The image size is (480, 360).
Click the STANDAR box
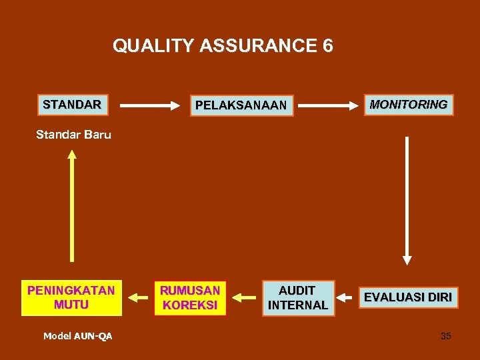click(x=72, y=105)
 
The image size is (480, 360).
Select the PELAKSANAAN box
click(x=241, y=105)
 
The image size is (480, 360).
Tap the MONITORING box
click(x=409, y=105)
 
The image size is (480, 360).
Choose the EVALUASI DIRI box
click(x=407, y=297)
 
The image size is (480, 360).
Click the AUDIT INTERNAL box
click(x=297, y=297)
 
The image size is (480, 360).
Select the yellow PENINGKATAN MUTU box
click(x=71, y=297)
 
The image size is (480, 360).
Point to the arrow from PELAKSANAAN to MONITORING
click(x=326, y=105)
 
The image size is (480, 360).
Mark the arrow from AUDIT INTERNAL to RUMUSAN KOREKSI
click(x=243, y=297)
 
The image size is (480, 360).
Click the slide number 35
click(x=445, y=336)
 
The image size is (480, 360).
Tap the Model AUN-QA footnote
click(x=78, y=336)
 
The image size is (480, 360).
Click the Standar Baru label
click(x=73, y=135)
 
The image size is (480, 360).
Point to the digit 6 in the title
click(x=327, y=46)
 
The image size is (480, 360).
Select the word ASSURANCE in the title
click(x=253, y=46)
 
